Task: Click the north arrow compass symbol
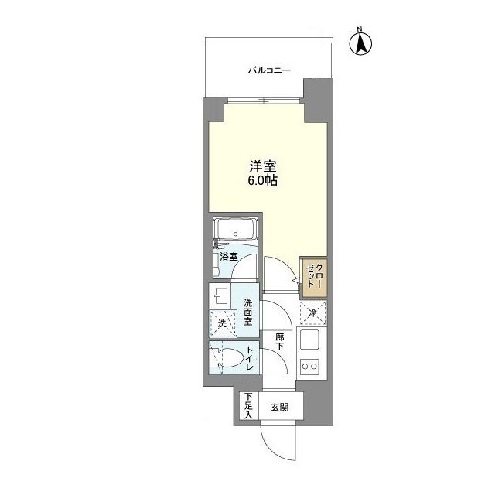(360, 42)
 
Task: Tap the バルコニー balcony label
(268, 70)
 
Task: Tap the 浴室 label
(227, 255)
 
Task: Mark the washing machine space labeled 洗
(221, 323)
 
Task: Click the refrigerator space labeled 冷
(314, 313)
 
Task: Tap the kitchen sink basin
(313, 340)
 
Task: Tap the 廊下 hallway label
(279, 341)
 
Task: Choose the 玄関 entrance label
(279, 408)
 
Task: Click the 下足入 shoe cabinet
(247, 407)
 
